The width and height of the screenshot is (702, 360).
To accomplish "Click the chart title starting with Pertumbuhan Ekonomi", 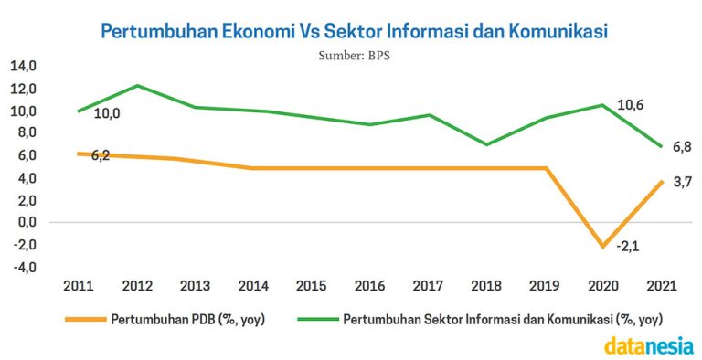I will [x=353, y=31].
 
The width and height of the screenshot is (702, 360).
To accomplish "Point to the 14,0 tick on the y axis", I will [x=23, y=66].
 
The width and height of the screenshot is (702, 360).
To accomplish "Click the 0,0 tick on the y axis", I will [x=25, y=222].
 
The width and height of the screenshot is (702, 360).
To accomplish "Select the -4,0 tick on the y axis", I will [x=23, y=267].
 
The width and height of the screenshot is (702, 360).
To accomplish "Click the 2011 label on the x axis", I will [x=79, y=285].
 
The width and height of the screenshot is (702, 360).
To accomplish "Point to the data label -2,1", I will [x=627, y=246].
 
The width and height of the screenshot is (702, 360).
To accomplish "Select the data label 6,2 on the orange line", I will [x=101, y=156].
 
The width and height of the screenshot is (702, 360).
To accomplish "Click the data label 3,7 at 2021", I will [x=681, y=183].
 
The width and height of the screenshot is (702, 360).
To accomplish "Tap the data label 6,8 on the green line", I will [x=681, y=146].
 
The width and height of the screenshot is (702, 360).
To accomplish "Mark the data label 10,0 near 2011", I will [x=107, y=113].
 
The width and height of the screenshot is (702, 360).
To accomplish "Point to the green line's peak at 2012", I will [x=138, y=86].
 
